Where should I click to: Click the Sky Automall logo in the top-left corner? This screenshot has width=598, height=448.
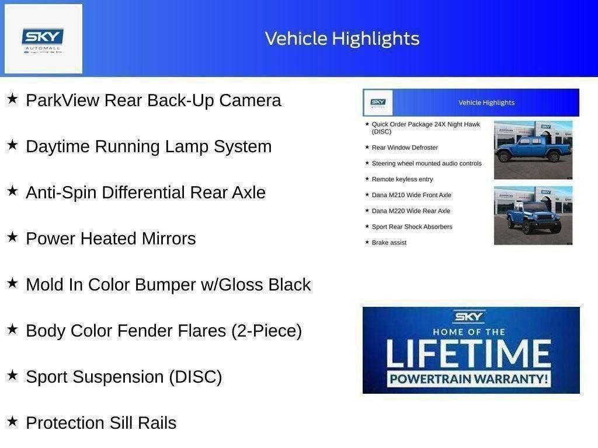pyautogui.click(x=43, y=39)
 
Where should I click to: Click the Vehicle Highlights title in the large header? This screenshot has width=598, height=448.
pyautogui.click(x=342, y=38)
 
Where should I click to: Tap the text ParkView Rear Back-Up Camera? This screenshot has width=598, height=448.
pyautogui.click(x=153, y=100)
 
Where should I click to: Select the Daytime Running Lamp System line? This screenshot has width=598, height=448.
pyautogui.click(x=148, y=146)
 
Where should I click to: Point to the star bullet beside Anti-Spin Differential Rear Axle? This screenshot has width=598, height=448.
pyautogui.click(x=12, y=191)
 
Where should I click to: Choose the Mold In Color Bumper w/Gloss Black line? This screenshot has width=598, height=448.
pyautogui.click(x=168, y=285)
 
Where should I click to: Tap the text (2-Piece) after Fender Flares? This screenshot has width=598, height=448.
pyautogui.click(x=266, y=331)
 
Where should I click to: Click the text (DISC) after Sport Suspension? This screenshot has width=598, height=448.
pyautogui.click(x=196, y=377)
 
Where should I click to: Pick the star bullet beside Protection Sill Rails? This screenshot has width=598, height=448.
pyautogui.click(x=12, y=421)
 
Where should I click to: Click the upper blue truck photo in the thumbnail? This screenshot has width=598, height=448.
pyautogui.click(x=533, y=149)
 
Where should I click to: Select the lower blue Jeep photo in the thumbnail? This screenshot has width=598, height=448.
pyautogui.click(x=533, y=215)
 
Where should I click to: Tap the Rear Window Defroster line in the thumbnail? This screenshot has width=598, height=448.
pyautogui.click(x=405, y=148)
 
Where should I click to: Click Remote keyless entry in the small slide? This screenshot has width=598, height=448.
pyautogui.click(x=402, y=179)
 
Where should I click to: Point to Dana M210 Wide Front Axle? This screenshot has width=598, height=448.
pyautogui.click(x=411, y=195)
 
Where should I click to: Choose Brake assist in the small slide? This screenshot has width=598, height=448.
pyautogui.click(x=389, y=242)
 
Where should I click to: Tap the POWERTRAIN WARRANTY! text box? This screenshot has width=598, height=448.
pyautogui.click(x=470, y=379)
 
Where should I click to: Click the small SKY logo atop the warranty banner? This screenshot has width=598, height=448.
pyautogui.click(x=470, y=317)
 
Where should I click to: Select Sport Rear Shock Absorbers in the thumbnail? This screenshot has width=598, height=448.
pyautogui.click(x=412, y=226)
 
